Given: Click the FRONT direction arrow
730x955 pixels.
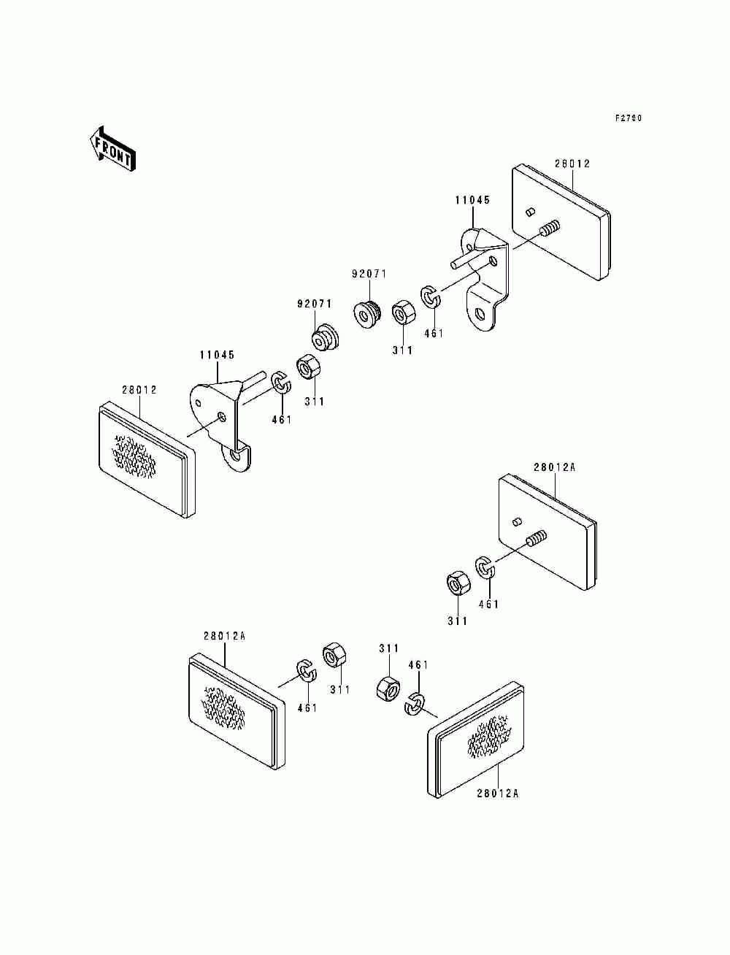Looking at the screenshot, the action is coord(112,149).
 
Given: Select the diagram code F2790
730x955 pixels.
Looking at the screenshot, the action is coord(629,118).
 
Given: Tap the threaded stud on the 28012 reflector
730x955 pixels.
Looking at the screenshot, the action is coord(550,228).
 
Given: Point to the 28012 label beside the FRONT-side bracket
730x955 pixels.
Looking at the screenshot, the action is coord(139,390).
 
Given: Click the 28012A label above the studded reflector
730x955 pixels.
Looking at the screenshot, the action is coord(554,468).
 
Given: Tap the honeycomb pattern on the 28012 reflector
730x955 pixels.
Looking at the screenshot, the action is coord(134,457).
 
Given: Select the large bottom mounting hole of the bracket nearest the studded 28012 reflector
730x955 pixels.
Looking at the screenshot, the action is coord(480,312).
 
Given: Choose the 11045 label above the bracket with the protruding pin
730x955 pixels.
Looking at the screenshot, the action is coord(473,200).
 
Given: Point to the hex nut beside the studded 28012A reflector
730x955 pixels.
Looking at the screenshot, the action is coord(456,584).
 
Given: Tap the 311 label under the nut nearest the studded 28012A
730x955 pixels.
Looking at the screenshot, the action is coord(457,621).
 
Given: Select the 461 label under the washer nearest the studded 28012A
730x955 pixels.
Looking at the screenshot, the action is coord(488,605).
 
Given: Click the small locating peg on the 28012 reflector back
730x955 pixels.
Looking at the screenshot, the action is coord(529,212).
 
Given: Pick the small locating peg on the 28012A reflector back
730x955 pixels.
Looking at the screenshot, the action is coord(517,522).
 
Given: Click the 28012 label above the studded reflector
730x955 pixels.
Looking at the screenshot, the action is coord(572,164).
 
